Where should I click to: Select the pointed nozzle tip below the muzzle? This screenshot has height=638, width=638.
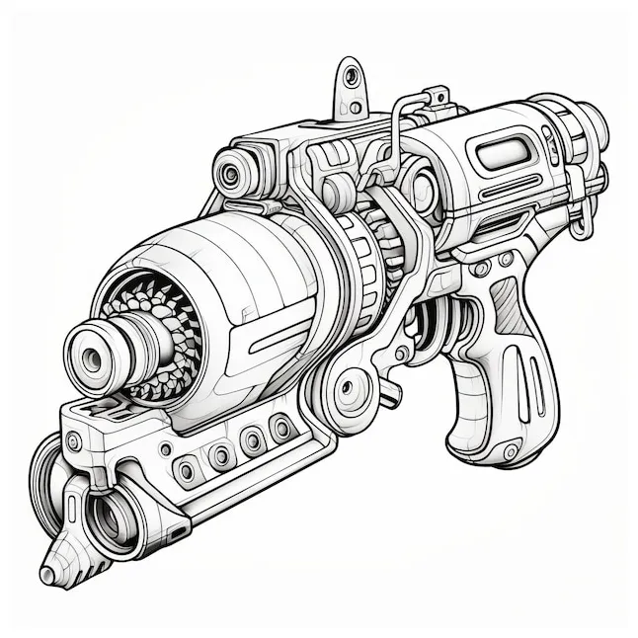tap(49, 572)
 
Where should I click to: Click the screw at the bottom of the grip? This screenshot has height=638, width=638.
tap(511, 451)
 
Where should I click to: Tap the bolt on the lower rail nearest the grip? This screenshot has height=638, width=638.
tap(282, 429)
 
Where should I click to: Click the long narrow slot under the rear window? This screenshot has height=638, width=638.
tap(510, 188)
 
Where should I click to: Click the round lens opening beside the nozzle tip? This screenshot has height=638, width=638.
tap(106, 510)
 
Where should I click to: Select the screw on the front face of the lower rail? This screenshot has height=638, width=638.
tap(74, 441)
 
